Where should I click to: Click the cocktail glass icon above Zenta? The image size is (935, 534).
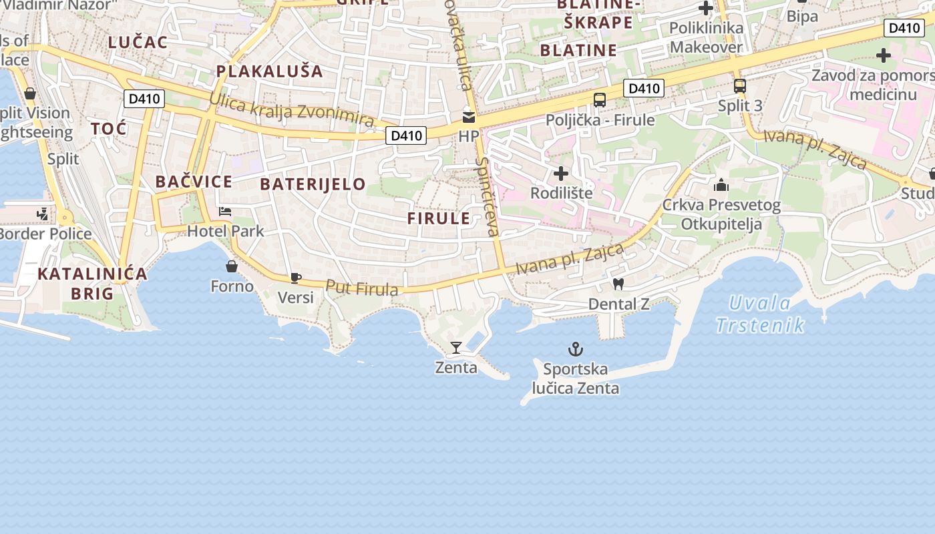(456, 347)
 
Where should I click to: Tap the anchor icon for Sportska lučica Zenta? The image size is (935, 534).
(575, 348)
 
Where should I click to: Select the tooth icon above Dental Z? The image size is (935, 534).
(618, 284)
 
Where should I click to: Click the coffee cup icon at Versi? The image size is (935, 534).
(296, 278)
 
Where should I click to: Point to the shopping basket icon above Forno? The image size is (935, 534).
(232, 266)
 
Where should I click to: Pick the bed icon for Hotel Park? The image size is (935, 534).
(225, 212)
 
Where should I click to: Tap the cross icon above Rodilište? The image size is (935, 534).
(561, 174)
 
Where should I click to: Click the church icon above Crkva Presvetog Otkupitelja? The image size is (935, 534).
(721, 185)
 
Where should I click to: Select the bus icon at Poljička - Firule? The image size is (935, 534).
(600, 100)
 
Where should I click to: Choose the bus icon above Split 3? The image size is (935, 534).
(739, 86)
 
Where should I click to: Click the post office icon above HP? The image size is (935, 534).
(469, 117)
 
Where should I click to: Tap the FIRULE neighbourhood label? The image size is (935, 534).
(439, 218)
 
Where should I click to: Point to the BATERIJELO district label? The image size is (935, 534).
(313, 184)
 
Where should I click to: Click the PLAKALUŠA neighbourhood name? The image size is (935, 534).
(269, 71)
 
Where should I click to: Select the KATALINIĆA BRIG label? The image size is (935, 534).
(92, 283)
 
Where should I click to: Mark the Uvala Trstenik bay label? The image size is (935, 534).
(760, 314)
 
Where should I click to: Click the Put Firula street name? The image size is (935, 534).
(362, 288)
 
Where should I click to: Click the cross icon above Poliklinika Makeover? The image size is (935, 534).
(706, 8)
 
